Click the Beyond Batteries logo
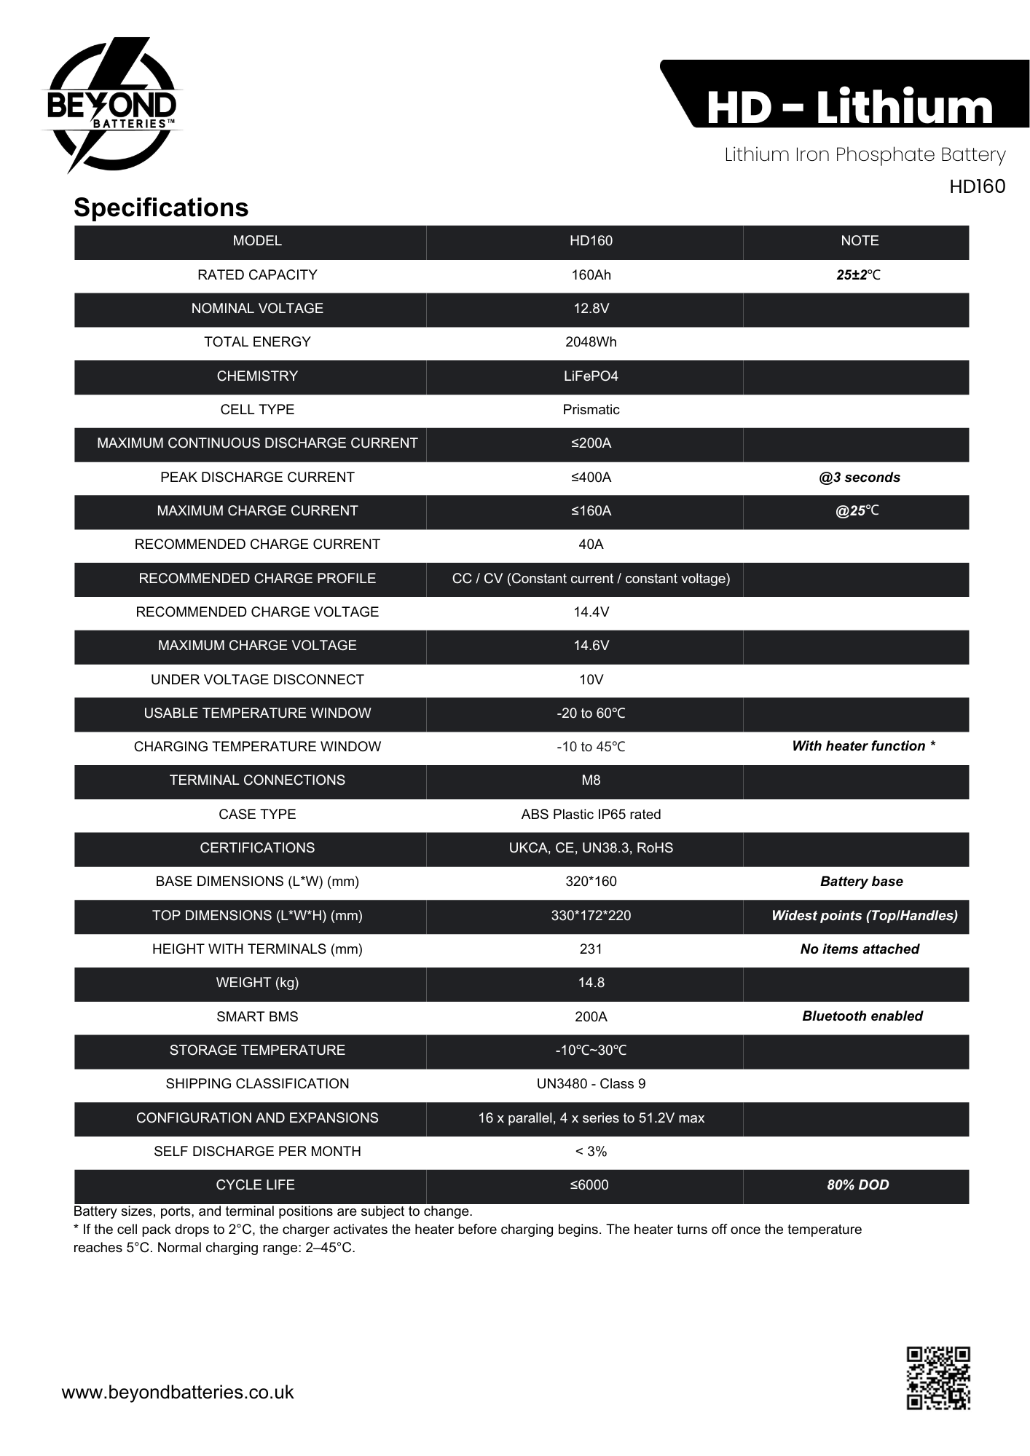coord(111,106)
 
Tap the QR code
coord(937,1377)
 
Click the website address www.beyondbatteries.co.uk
coord(178,1392)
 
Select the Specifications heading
coord(161,207)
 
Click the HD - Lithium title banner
coord(849,107)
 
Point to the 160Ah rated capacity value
coord(591,274)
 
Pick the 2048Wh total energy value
coord(591,342)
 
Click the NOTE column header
coord(860,241)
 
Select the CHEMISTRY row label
coord(257,376)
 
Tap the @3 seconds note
coord(860,478)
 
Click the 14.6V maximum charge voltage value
coord(591,646)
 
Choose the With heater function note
coord(863,746)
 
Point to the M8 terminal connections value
coord(591,780)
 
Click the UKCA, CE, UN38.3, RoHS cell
coord(591,848)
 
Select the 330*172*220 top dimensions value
coord(591,916)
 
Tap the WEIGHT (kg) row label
coord(257,983)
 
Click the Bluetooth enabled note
coord(862,1016)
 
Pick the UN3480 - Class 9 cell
coord(591,1084)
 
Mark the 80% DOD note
coord(858,1185)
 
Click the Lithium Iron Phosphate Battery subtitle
coord(865,155)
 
